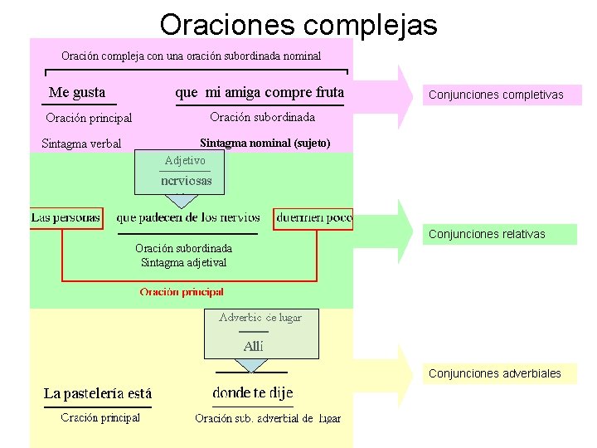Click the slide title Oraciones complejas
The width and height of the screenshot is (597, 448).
click(298, 24)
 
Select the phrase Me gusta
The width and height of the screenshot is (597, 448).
click(77, 92)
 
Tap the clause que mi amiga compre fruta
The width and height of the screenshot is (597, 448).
click(260, 92)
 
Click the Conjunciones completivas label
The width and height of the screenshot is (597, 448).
click(496, 95)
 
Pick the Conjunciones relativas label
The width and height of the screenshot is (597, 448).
click(487, 234)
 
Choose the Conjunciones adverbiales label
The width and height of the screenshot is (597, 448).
click(495, 373)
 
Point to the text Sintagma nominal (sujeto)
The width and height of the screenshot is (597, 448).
click(265, 144)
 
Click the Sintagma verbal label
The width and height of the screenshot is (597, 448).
click(81, 144)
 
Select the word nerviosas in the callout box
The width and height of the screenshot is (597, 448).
click(186, 180)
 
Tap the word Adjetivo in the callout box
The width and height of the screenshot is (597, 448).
click(185, 160)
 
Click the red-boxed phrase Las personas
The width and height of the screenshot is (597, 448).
click(66, 218)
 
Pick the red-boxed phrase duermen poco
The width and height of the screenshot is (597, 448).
click(313, 218)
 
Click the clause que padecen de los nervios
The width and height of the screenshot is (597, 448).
click(188, 218)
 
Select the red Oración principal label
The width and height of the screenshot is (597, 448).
click(182, 292)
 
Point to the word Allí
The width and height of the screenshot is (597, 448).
click(253, 347)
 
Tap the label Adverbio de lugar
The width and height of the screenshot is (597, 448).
click(260, 318)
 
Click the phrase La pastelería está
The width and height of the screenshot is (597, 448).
click(98, 393)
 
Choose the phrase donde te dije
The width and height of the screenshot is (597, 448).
click(253, 392)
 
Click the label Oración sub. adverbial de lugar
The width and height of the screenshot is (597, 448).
click(268, 419)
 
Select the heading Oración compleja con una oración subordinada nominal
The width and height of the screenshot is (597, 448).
click(191, 56)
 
